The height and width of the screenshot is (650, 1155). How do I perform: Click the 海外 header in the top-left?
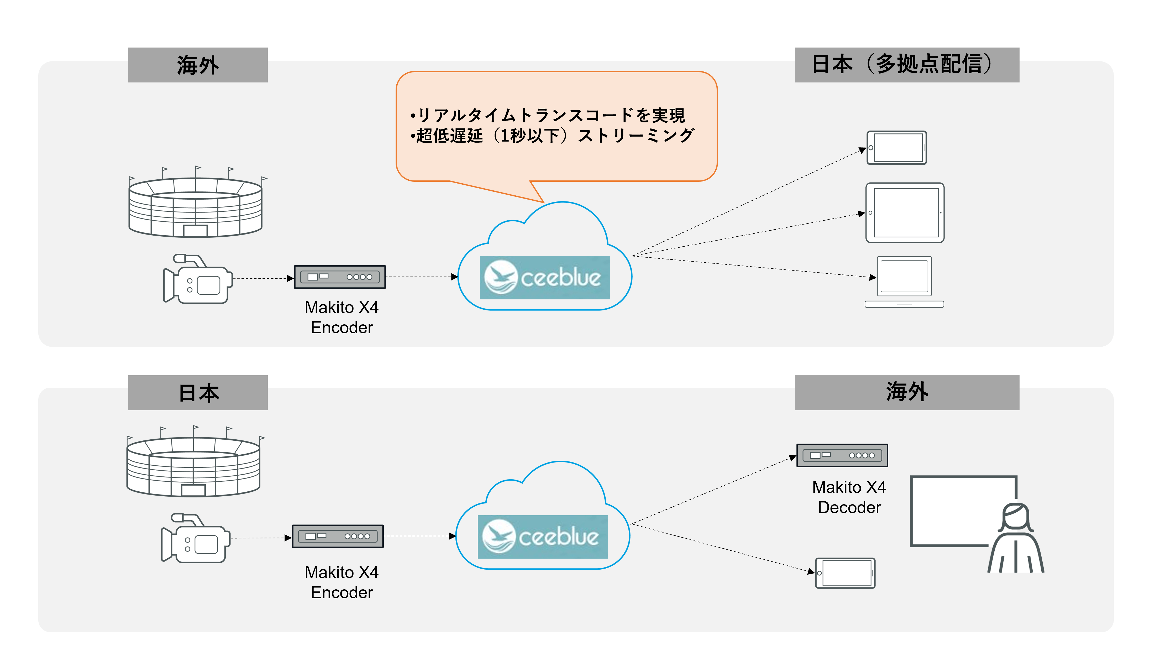[198, 65]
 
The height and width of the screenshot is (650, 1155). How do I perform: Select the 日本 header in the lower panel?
[198, 393]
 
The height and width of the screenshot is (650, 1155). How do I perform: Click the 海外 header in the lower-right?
[907, 392]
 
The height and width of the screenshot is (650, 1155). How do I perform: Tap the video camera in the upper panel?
[198, 279]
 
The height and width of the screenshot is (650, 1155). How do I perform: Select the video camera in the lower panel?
[196, 538]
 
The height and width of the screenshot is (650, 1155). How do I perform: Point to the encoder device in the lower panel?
[338, 536]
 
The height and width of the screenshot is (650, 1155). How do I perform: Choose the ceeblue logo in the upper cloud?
[544, 278]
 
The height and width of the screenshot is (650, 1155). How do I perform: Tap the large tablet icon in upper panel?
[905, 213]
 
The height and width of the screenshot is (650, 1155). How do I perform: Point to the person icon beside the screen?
[1016, 538]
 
